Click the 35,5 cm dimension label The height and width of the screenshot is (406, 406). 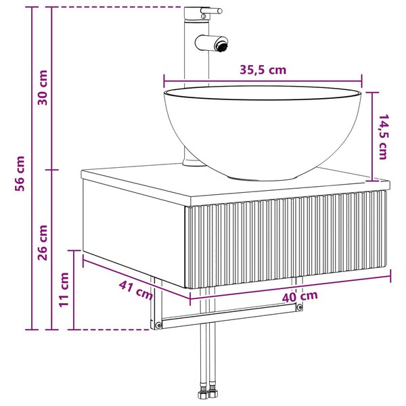coord(263,70)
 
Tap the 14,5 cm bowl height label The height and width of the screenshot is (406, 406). coord(382,137)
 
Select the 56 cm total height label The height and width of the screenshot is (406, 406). coord(20,173)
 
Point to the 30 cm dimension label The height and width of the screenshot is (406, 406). coord(43,87)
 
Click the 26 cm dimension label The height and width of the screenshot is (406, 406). coord(43,243)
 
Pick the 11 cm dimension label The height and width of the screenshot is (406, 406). coord(64,290)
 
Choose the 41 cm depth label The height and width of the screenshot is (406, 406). coord(136,290)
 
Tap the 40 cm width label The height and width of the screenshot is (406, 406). coord(300,297)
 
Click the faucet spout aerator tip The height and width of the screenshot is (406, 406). coord(222,44)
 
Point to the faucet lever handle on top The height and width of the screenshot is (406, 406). coord(210,11)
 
